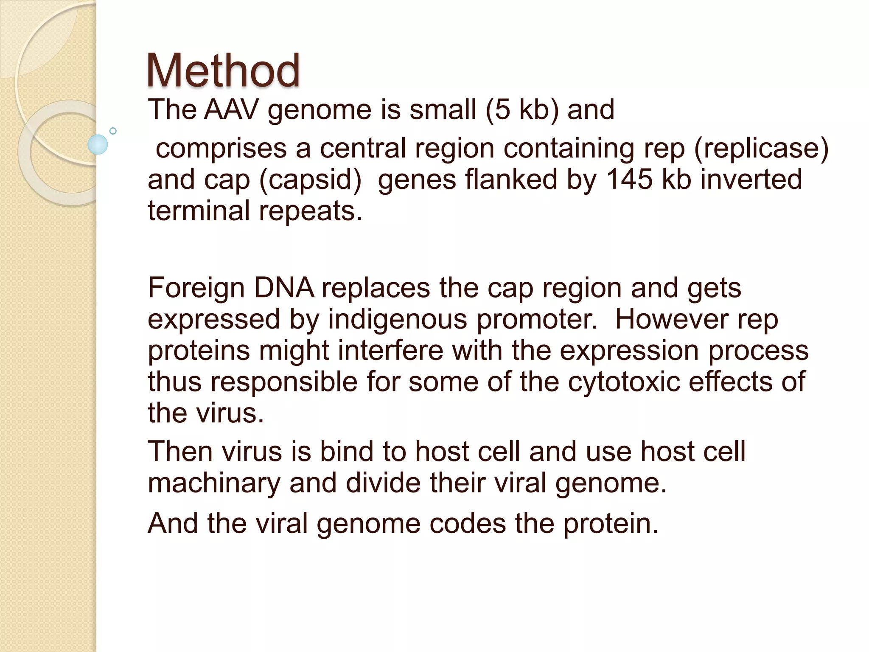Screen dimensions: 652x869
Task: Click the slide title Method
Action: (223, 70)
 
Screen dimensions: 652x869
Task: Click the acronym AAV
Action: (231, 110)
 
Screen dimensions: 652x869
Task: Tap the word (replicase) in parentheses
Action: (761, 148)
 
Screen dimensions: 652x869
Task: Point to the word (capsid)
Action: (310, 180)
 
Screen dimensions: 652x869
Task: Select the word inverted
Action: (751, 179)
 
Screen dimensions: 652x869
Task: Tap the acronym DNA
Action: (284, 288)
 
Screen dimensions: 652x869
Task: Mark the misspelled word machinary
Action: (214, 483)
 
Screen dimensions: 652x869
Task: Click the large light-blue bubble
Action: (98, 144)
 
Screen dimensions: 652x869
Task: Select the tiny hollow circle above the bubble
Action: (113, 131)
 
